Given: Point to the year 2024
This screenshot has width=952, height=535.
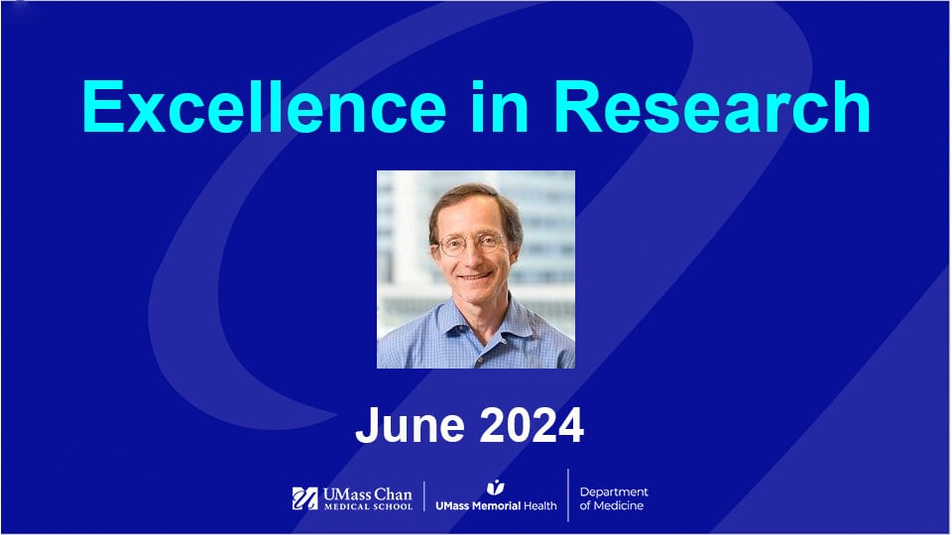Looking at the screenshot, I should (x=531, y=425).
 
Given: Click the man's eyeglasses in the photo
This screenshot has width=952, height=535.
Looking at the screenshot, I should (x=471, y=245).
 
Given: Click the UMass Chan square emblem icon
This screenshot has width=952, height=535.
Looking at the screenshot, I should (x=304, y=498).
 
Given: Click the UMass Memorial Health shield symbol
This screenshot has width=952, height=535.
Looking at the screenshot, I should (x=496, y=487).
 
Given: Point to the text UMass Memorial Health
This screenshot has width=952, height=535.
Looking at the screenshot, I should (x=496, y=505).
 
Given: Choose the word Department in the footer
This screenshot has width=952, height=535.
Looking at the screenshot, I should (x=614, y=491).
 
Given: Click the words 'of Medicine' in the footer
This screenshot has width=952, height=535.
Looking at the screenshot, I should (x=611, y=506).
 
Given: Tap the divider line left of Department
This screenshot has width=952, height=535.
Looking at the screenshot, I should (x=568, y=495).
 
